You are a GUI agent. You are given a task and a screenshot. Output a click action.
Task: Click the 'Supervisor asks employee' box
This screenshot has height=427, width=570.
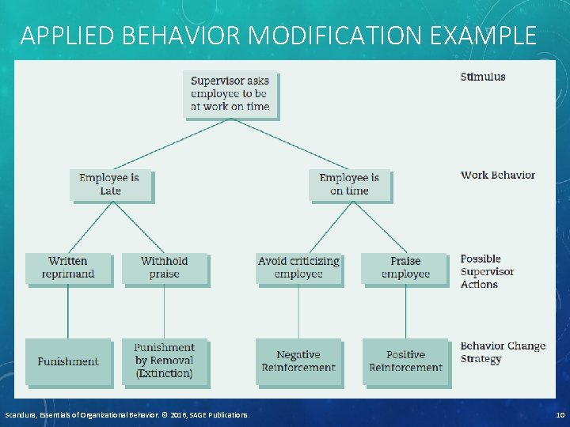230,93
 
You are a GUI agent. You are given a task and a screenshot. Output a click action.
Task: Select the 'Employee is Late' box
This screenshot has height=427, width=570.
110,184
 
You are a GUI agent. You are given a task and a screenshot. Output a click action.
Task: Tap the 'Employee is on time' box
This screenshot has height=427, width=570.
349,184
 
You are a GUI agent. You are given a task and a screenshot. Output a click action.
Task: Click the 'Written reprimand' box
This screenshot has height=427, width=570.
68,268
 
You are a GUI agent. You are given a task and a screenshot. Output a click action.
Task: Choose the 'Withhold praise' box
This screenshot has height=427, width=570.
165,268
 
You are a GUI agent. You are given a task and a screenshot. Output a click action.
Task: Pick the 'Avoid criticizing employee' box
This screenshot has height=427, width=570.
298,268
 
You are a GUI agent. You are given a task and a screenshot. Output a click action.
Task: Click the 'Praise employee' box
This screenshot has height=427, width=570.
405,268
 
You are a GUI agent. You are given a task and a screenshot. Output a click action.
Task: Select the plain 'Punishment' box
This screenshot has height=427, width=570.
68,361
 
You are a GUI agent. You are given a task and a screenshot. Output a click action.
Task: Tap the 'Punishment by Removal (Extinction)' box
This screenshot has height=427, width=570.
165,361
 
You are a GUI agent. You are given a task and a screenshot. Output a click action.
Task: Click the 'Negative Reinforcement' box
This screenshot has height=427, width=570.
298,361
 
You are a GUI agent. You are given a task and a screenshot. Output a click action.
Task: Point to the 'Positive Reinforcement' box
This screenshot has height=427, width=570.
405,361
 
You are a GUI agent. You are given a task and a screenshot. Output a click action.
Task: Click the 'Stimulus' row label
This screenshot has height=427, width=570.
483,77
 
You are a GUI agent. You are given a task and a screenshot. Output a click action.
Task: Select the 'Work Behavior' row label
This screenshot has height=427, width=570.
498,175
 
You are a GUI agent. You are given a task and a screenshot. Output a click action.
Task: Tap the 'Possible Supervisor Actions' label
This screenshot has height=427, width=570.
487,271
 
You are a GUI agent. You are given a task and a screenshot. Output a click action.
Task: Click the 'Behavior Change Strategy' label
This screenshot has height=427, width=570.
503,353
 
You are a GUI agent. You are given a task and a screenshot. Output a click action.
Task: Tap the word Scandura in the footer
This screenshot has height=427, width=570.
24,415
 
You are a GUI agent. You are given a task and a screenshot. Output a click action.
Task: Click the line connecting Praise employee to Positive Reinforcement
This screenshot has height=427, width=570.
405,311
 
